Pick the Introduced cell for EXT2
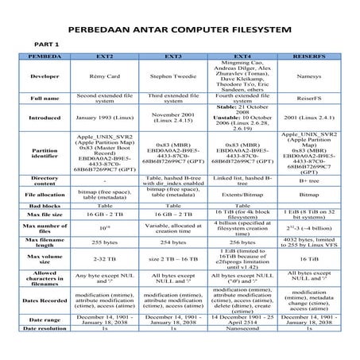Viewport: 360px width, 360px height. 108,117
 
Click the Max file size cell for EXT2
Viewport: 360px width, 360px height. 108,214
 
